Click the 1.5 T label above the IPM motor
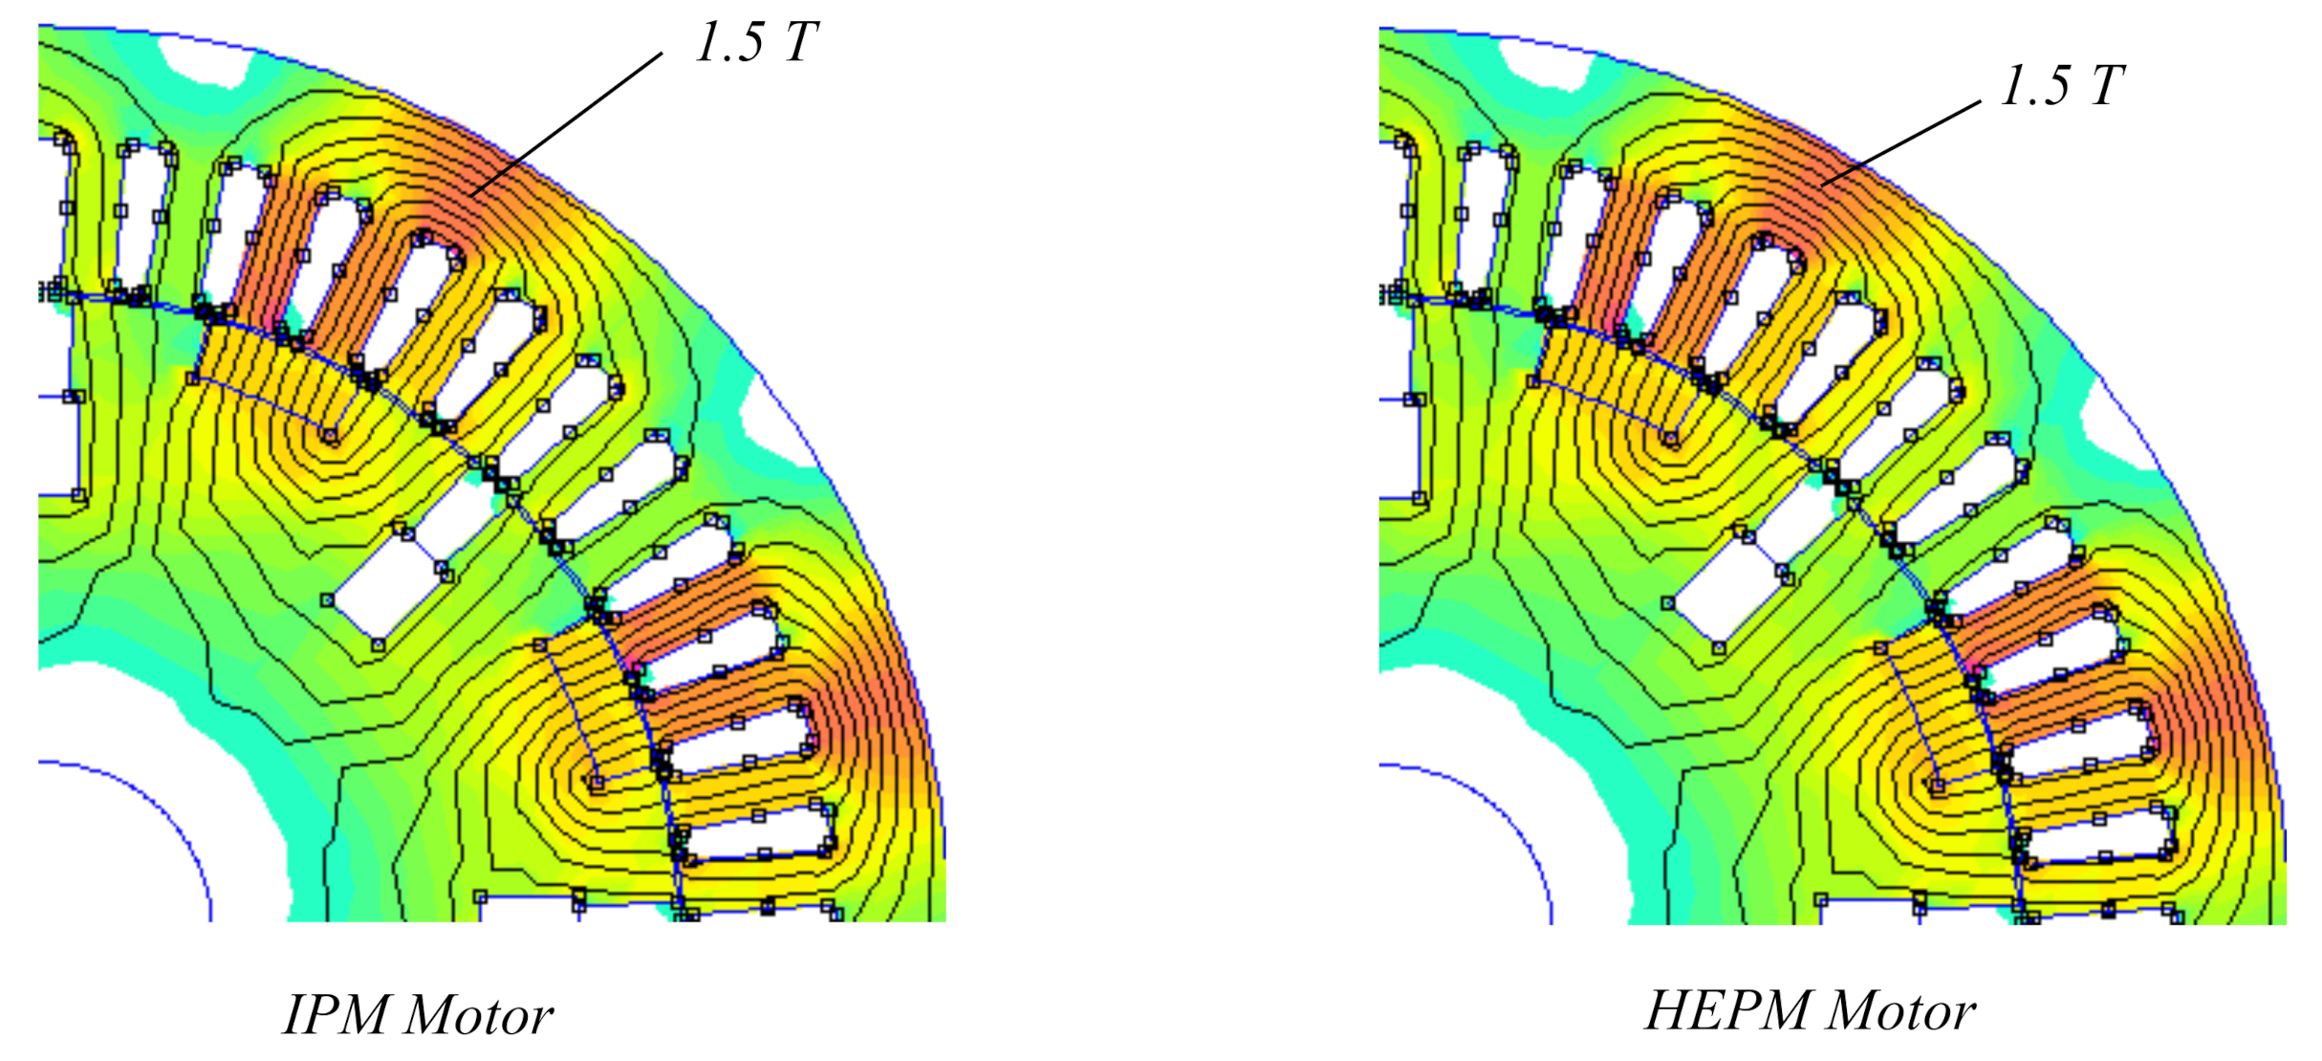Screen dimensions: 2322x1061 click(757, 43)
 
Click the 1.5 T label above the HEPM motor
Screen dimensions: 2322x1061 click(2062, 86)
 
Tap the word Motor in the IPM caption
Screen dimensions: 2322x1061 click(479, 1016)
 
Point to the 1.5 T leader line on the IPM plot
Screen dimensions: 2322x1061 click(566, 125)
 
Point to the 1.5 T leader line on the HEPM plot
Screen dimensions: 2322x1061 click(1901, 142)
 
